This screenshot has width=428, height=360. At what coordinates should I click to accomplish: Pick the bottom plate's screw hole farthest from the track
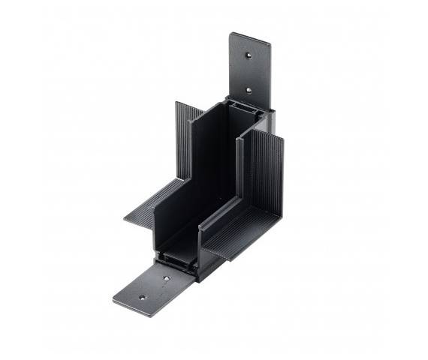(x=141, y=297)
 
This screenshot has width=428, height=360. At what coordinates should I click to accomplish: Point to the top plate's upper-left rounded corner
(x=233, y=35)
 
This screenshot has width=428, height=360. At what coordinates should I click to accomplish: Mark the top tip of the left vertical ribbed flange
(x=177, y=103)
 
